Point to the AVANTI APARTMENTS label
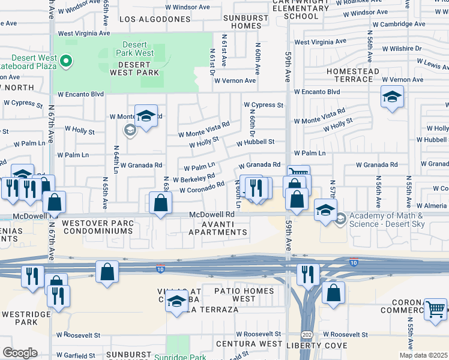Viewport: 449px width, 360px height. (x=217, y=227)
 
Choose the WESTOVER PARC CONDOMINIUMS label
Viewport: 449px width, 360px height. (x=98, y=226)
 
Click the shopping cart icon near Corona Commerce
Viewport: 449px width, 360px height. (x=436, y=310)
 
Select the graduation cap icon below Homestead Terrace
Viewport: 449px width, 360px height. (x=392, y=97)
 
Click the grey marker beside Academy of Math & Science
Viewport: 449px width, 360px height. (x=341, y=217)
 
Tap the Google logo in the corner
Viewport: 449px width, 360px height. (x=20, y=353)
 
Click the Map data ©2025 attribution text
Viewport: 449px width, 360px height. (x=423, y=355)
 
